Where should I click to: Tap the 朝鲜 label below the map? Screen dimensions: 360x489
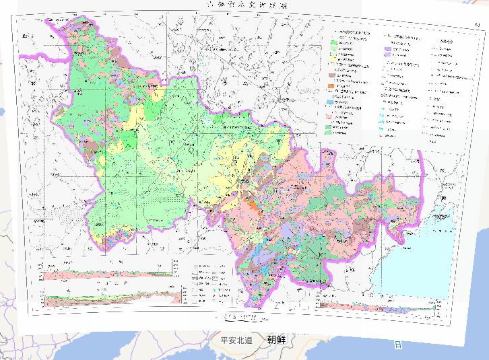(x=276, y=340)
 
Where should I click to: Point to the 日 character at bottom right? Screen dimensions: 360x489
(x=398, y=345)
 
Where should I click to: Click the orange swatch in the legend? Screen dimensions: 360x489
(x=332, y=87)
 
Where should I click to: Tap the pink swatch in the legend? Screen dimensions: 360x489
(x=332, y=116)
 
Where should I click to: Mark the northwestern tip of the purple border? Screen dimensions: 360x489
(x=47, y=23)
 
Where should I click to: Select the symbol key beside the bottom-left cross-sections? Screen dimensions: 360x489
(x=209, y=283)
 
